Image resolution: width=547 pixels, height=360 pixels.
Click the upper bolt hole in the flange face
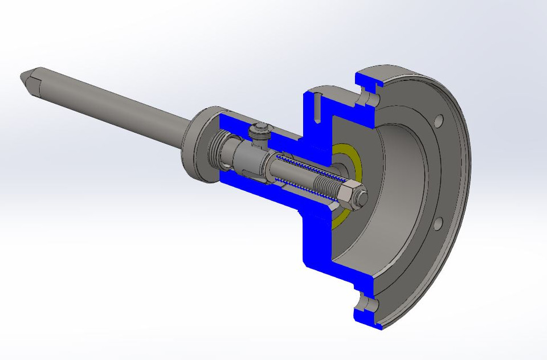pyautogui.click(x=438, y=121)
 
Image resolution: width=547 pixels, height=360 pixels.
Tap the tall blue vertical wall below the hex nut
pyautogui.click(x=316, y=239)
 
